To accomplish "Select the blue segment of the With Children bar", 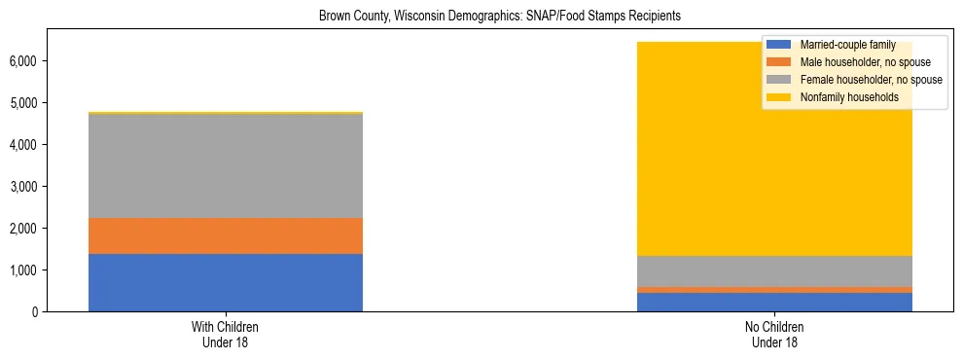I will pos(226,282).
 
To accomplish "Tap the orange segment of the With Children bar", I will pos(226,235).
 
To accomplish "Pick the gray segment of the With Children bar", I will pos(226,165).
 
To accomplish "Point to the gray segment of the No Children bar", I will pos(775,270).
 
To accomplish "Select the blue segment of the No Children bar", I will pos(775,302).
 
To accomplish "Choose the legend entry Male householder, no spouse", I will pos(857,62).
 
